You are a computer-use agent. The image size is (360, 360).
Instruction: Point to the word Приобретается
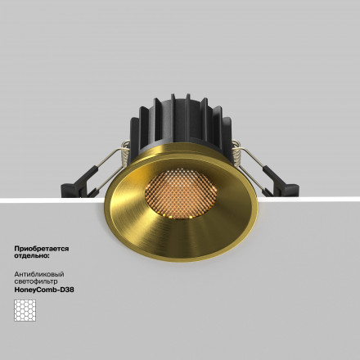[42, 247]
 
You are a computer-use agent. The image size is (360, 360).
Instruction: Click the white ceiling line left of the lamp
[41, 201]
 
